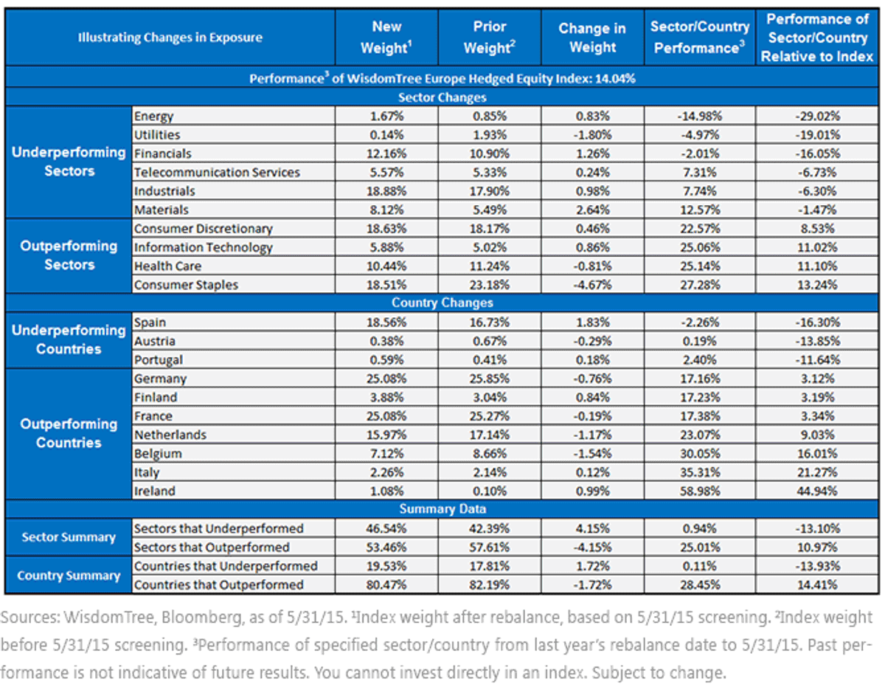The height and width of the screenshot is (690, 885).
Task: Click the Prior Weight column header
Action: (489, 38)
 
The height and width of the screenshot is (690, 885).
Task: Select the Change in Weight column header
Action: (592, 38)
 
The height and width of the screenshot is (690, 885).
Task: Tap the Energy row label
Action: (154, 116)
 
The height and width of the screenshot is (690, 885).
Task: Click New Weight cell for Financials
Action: (386, 153)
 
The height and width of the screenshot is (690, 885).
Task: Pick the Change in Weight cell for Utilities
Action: (592, 135)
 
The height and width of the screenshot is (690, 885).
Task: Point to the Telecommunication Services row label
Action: (217, 173)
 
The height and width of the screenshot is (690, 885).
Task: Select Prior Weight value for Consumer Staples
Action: (489, 285)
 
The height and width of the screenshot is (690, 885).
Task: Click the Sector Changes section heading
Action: (442, 97)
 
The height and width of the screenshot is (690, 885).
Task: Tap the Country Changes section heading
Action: (442, 303)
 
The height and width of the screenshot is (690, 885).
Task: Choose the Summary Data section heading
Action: (442, 509)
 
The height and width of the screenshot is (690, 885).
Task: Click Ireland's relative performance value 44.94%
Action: (817, 491)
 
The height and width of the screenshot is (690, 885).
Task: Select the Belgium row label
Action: (158, 454)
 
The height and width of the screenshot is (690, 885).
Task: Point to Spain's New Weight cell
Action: (386, 322)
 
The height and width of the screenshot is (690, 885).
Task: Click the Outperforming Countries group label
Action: (69, 433)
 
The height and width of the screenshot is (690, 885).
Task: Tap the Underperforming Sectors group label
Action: (69, 162)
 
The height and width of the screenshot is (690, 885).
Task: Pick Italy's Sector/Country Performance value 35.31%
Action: (700, 472)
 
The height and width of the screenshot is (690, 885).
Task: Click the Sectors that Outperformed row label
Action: (212, 548)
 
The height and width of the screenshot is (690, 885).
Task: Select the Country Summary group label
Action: (69, 576)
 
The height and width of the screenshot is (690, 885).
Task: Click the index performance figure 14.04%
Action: (615, 78)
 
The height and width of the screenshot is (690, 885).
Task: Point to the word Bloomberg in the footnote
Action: (201, 618)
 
